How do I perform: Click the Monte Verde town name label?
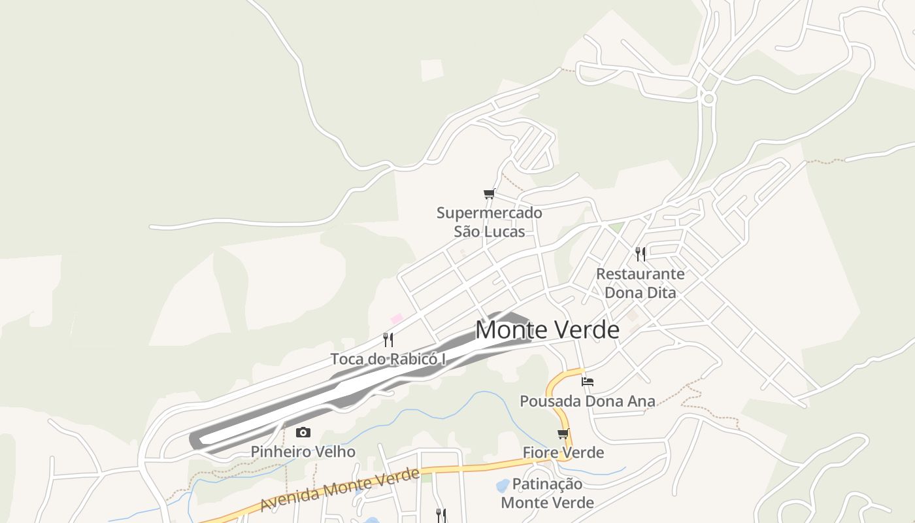[x=547, y=330]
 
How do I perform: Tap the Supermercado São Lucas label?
[x=489, y=222]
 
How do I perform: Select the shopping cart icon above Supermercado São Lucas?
[x=489, y=194]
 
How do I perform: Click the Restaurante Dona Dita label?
[x=640, y=283]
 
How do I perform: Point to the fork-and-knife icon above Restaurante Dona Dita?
[x=640, y=254]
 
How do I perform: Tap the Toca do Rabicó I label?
[x=388, y=359]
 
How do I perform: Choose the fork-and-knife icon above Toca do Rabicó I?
[x=388, y=339]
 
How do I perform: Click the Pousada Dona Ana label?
[x=587, y=401]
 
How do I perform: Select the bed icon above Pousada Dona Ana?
[x=588, y=381]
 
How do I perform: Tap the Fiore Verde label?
[x=563, y=452]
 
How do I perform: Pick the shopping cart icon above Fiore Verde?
[x=563, y=433]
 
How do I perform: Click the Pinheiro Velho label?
[x=303, y=452]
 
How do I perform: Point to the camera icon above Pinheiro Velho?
[x=303, y=432]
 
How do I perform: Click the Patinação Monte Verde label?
[x=547, y=493]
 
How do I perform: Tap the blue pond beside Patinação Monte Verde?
[x=503, y=486]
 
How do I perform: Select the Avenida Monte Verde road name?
[x=339, y=490]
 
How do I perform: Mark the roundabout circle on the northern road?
[x=708, y=99]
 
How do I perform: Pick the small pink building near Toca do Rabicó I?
[x=397, y=318]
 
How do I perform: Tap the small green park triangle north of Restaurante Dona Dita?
[x=616, y=228]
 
